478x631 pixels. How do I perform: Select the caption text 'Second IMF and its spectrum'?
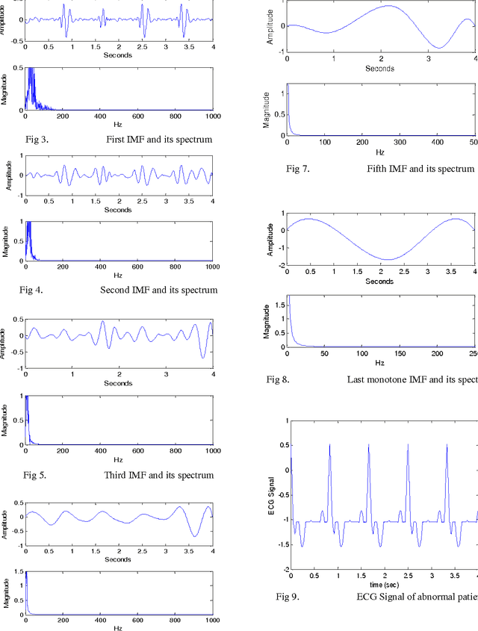[159, 290]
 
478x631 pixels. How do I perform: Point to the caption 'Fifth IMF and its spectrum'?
[420, 169]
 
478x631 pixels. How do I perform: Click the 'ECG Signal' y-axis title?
[271, 500]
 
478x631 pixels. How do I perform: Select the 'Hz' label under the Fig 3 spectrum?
[118, 124]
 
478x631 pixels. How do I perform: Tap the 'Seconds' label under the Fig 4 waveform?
[118, 210]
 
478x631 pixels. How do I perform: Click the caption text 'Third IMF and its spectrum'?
[160, 475]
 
